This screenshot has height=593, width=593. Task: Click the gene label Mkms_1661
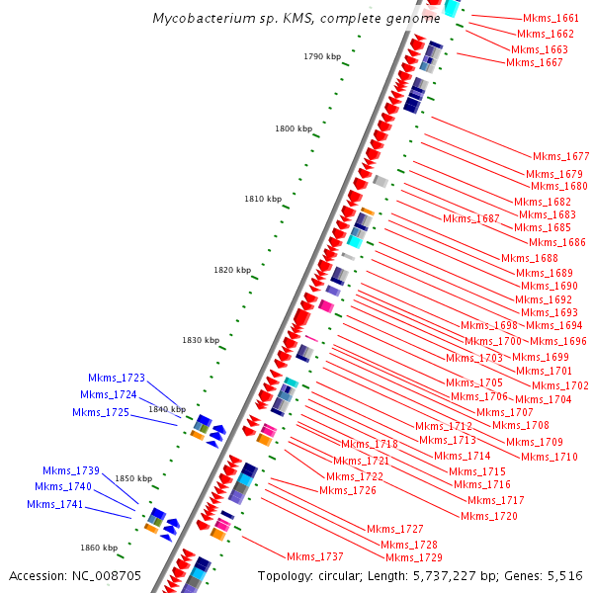click(551, 19)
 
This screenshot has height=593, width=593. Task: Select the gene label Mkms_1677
click(560, 156)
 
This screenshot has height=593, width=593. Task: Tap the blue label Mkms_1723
click(117, 378)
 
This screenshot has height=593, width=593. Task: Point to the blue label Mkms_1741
click(55, 505)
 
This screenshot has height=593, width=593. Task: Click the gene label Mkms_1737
click(315, 556)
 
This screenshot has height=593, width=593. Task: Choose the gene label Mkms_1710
click(550, 457)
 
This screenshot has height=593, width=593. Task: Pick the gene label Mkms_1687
click(471, 218)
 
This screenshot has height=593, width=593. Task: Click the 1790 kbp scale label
click(321, 57)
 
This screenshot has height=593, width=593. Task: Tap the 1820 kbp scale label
click(232, 270)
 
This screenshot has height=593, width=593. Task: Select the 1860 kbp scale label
click(99, 548)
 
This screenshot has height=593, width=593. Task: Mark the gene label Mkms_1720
click(489, 516)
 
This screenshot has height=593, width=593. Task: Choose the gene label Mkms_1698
click(489, 325)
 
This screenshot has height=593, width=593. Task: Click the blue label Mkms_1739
click(71, 470)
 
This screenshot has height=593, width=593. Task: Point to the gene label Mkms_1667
click(535, 62)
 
